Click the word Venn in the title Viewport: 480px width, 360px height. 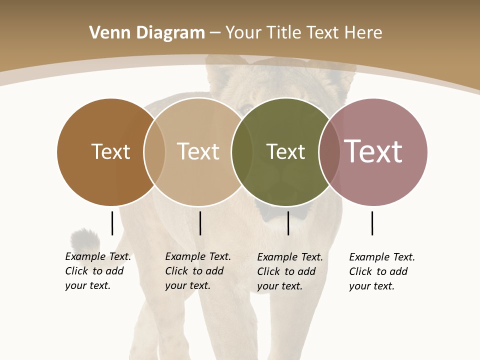pyautogui.click(x=104, y=33)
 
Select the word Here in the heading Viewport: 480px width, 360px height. pyautogui.click(x=363, y=33)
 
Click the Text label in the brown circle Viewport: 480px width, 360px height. pyautogui.click(x=110, y=151)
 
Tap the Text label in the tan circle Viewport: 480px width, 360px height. pyautogui.click(x=198, y=151)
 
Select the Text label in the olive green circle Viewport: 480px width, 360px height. pyautogui.click(x=285, y=152)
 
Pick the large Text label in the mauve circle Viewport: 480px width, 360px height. pyautogui.click(x=373, y=151)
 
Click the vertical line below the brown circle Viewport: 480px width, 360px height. pyautogui.click(x=112, y=223)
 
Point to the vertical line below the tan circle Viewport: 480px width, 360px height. pyautogui.click(x=200, y=223)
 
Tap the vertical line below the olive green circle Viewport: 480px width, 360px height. pyautogui.click(x=288, y=223)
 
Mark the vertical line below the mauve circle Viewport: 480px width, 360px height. pyautogui.click(x=372, y=223)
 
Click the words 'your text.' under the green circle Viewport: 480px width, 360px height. pyautogui.click(x=280, y=286)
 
